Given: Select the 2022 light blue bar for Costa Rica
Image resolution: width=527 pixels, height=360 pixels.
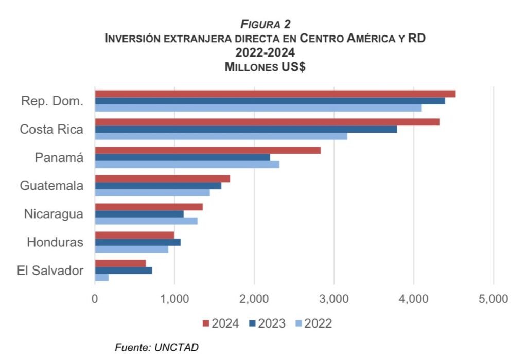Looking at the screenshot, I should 221,136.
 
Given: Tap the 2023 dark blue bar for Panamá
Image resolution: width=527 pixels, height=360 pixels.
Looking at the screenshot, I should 182,157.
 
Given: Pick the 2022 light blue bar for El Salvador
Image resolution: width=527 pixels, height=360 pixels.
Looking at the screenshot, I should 101,278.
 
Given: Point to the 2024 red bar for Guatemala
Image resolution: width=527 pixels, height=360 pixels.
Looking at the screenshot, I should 162,178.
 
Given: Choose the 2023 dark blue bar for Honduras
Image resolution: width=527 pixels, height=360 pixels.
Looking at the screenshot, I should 137,242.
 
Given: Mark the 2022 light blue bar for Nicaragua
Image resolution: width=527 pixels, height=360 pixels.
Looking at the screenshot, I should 146,221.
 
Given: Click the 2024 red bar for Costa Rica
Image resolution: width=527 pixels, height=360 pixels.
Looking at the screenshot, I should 267,122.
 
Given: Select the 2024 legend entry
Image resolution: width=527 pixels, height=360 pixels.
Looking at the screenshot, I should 221,323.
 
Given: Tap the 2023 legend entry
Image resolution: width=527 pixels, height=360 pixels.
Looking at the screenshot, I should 267,323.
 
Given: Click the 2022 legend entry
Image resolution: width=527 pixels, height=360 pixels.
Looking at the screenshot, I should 313,323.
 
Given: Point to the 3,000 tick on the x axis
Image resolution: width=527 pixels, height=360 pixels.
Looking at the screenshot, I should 334,299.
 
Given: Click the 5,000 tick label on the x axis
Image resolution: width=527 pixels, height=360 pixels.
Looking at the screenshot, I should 493,299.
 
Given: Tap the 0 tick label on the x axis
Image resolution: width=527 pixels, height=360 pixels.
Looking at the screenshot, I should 95,299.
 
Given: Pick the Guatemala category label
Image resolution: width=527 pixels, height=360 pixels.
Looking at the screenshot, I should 51,186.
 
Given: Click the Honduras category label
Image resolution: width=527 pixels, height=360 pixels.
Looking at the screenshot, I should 55,242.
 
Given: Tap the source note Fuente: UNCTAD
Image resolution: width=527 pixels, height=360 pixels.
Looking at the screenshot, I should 156,347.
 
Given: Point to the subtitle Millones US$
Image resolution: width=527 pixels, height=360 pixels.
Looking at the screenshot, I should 265,67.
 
